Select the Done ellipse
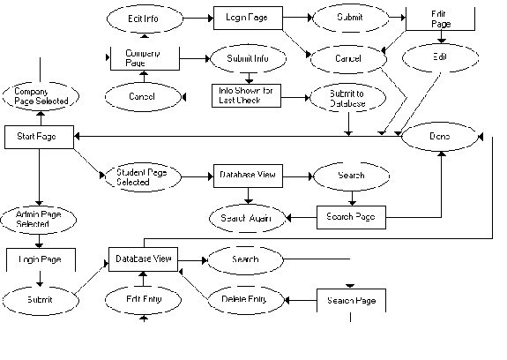coord(437,138)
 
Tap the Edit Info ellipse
coord(144,18)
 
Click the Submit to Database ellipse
coord(341,98)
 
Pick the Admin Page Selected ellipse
coord(39,219)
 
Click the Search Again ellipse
coord(241,216)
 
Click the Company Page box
coord(143,57)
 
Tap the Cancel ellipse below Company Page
coord(142,95)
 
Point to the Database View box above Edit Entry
coord(144,259)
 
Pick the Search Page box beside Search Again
coord(351,216)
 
